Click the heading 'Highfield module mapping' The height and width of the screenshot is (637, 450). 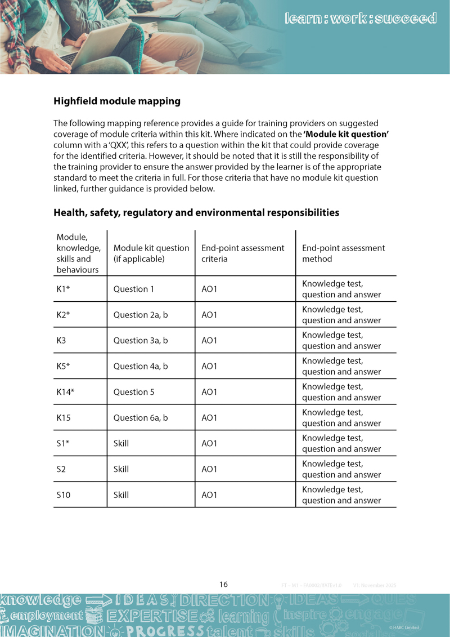click(x=117, y=101)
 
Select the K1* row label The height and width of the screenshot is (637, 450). click(x=63, y=289)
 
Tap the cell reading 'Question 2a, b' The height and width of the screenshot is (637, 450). click(x=141, y=315)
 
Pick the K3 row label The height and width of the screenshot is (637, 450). click(x=61, y=340)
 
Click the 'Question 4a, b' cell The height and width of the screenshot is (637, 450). click(x=141, y=366)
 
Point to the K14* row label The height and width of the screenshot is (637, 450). click(x=65, y=392)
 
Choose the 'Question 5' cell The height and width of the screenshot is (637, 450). click(x=134, y=392)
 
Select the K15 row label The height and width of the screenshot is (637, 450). click(x=64, y=417)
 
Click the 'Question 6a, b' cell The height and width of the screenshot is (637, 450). click(x=141, y=417)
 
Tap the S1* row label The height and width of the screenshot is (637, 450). click(x=62, y=443)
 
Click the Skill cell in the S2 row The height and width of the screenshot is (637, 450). click(x=121, y=469)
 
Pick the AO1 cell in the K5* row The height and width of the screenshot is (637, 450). click(x=209, y=366)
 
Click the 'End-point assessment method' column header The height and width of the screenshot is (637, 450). click(x=343, y=253)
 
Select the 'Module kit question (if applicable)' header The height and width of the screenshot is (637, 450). click(x=151, y=253)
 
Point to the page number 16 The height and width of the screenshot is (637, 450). click(x=224, y=584)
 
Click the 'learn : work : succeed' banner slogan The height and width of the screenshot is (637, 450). click(x=361, y=19)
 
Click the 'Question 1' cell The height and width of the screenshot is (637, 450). click(x=134, y=289)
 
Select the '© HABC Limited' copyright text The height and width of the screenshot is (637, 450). click(x=404, y=627)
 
